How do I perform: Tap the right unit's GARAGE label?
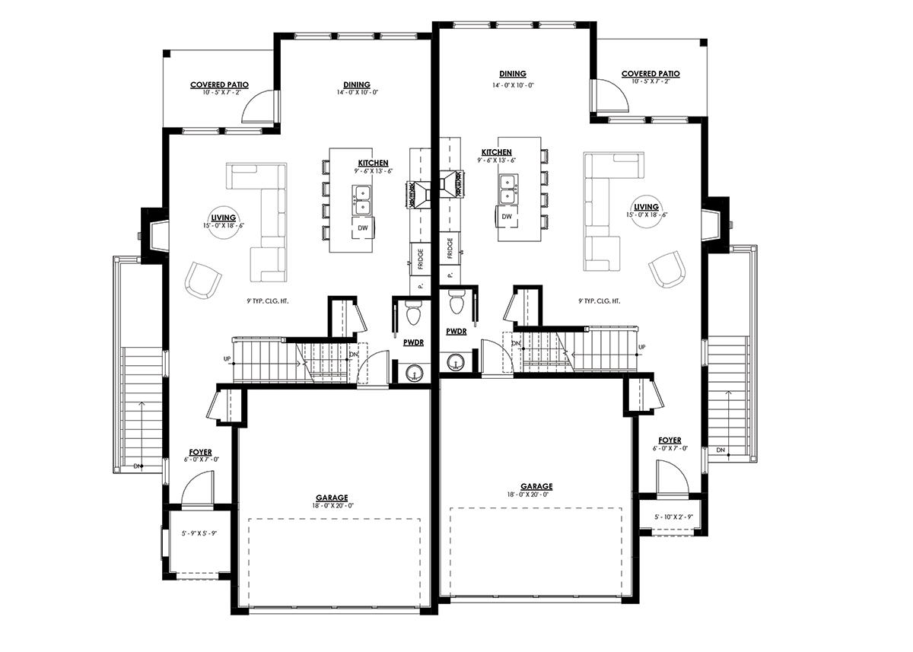(536, 486)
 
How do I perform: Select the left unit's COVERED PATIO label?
(219, 85)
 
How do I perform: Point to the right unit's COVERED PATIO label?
(651, 74)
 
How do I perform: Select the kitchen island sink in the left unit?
(361, 198)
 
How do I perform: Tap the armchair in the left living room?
(202, 281)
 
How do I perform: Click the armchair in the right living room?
(666, 269)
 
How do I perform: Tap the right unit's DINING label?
(512, 74)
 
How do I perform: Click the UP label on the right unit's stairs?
(642, 347)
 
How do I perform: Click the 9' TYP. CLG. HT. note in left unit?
(267, 301)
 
